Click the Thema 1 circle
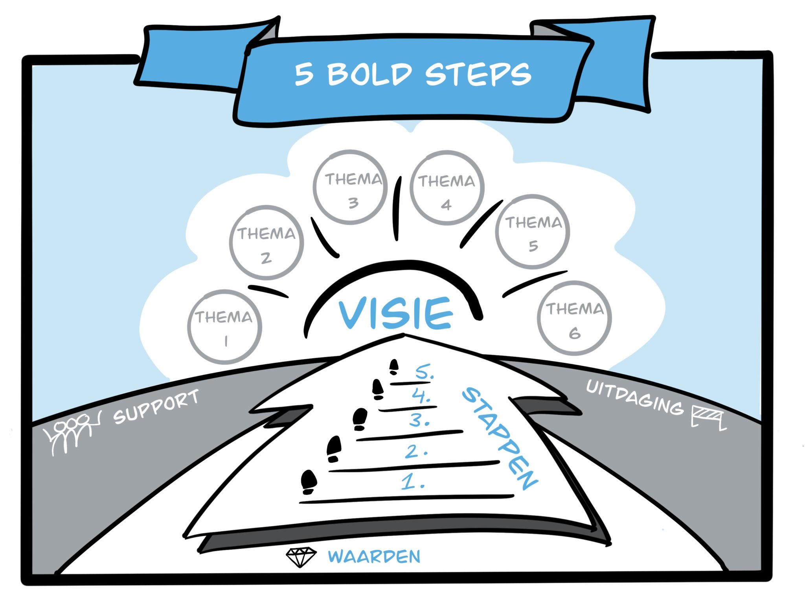point(225,327)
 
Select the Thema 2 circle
point(266,242)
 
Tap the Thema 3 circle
point(350,187)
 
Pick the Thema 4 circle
point(447,188)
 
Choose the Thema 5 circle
point(533,232)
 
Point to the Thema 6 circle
point(574,318)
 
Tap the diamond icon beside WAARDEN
point(301,557)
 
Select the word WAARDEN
point(374,556)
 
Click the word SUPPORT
point(156,407)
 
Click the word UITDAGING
point(634,398)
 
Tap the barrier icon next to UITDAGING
point(708,418)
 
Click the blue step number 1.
point(412,482)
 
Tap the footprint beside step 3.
point(360,419)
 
